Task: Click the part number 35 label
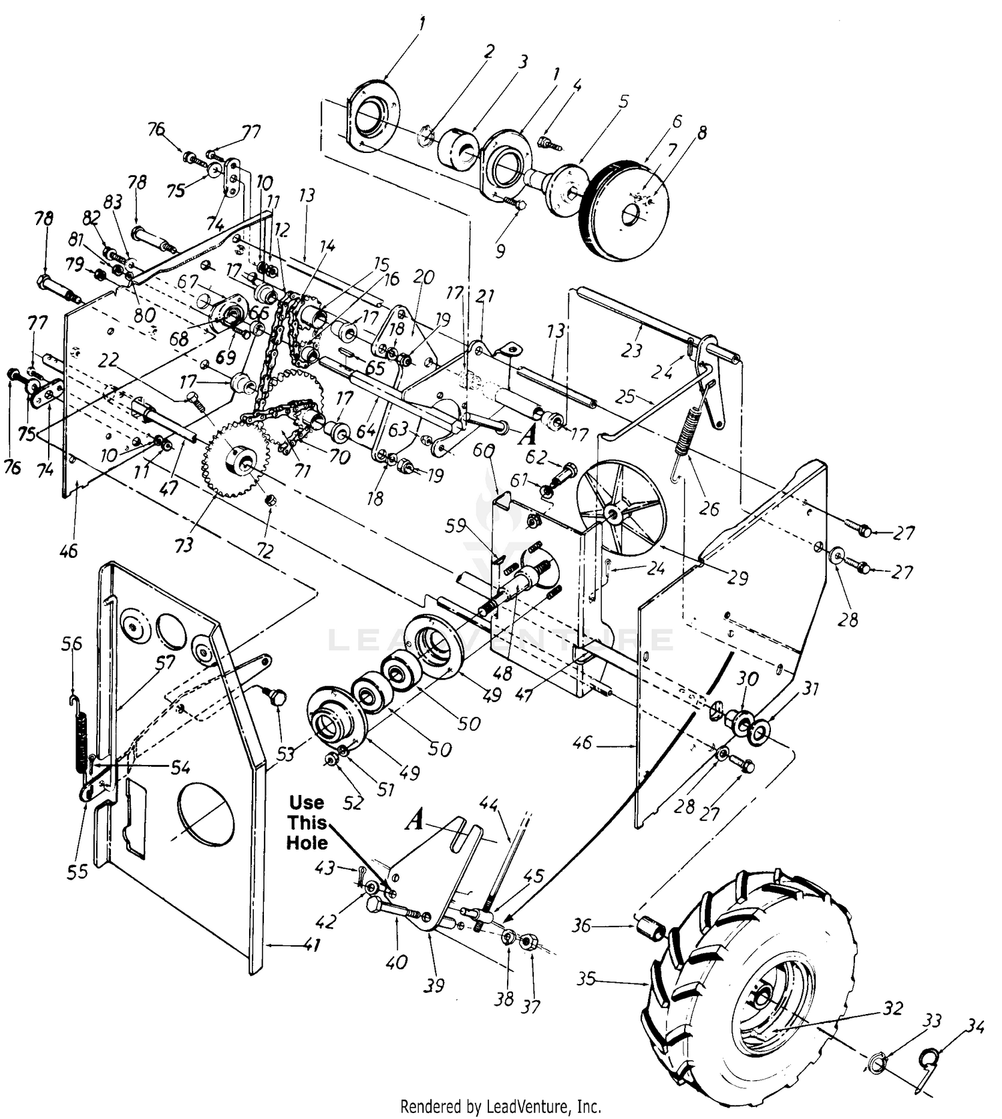click(x=587, y=980)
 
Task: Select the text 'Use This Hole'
click(x=307, y=822)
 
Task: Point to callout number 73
click(x=184, y=545)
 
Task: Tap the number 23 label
click(x=632, y=351)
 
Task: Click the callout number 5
click(x=624, y=102)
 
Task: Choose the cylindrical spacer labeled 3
click(x=458, y=147)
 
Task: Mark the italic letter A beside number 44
click(x=415, y=820)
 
